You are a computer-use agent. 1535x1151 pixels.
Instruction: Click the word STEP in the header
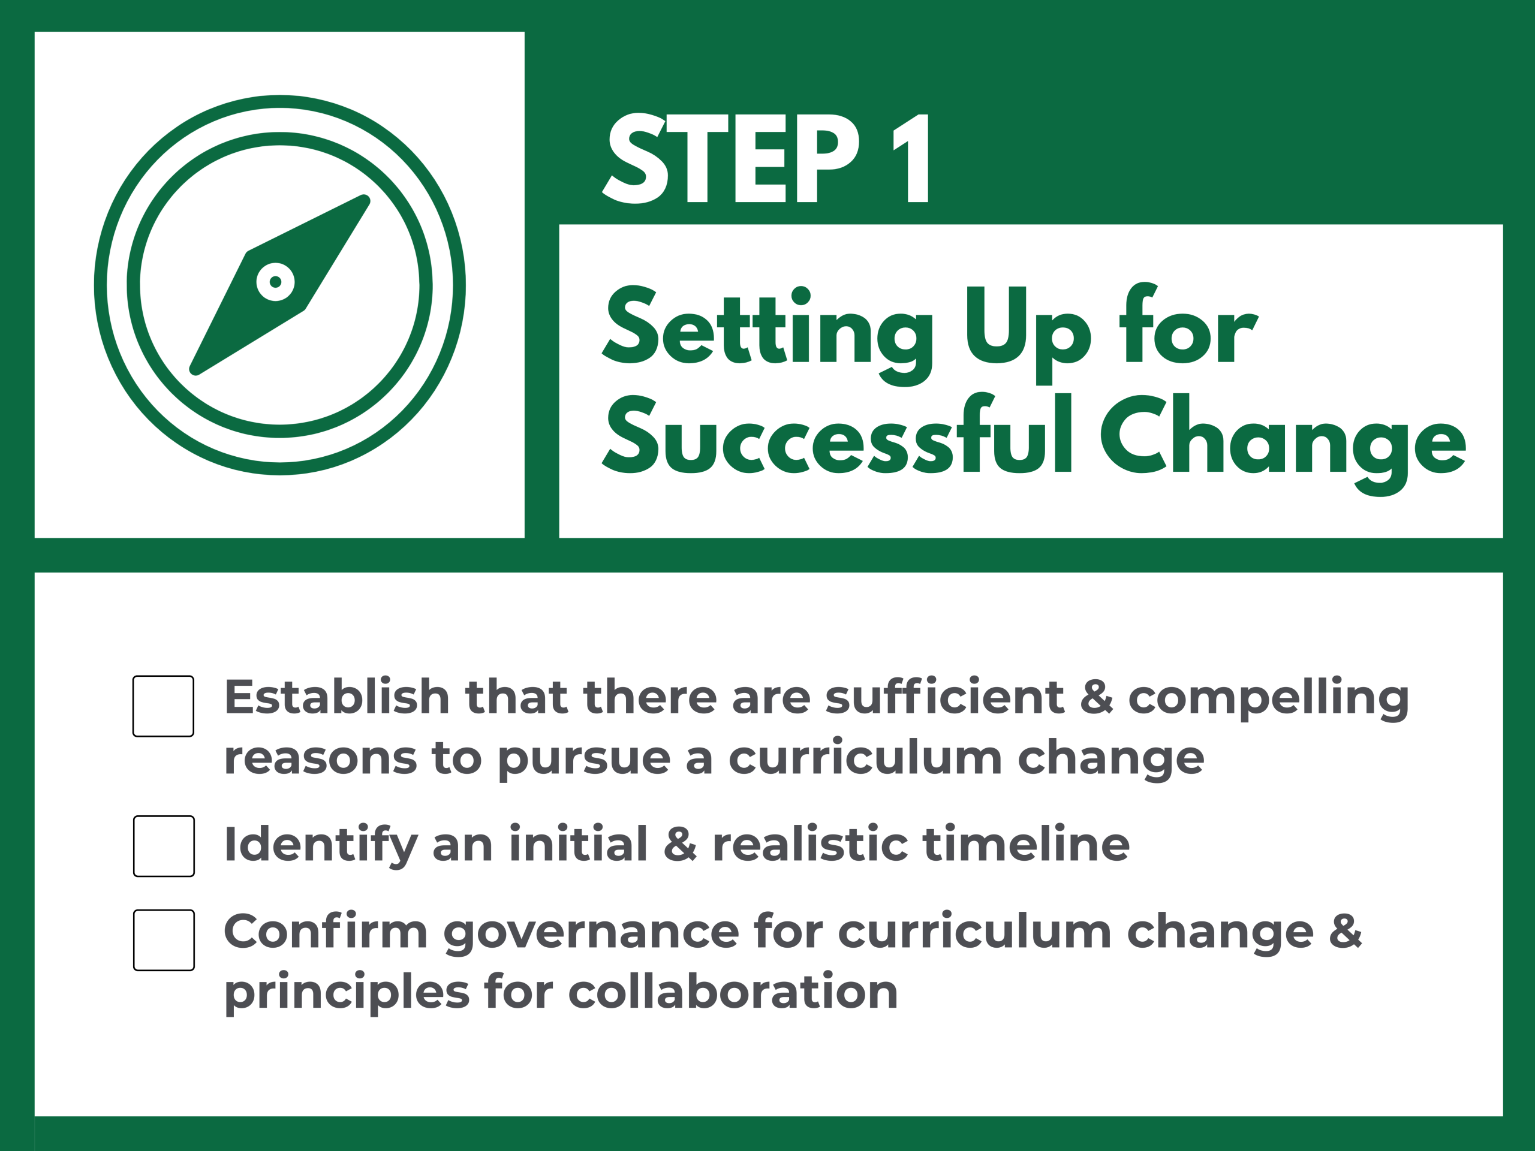click(731, 158)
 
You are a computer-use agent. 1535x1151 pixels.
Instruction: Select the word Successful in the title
click(838, 433)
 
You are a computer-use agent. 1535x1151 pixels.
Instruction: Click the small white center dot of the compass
click(275, 282)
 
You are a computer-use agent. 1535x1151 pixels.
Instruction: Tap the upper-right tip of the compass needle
click(365, 200)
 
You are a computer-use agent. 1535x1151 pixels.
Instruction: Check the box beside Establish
click(163, 706)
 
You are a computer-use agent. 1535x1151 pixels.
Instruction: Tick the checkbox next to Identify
click(164, 846)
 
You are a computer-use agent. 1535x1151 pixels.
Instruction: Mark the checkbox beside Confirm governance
click(164, 940)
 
